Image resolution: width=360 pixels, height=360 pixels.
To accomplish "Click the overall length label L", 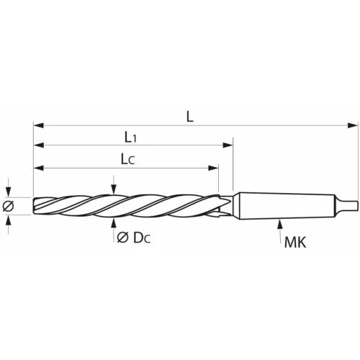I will pos(189,116).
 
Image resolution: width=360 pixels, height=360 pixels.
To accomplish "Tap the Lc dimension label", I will pos(127,158).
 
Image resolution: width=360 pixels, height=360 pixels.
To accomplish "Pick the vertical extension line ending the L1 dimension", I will pos(233,166).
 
